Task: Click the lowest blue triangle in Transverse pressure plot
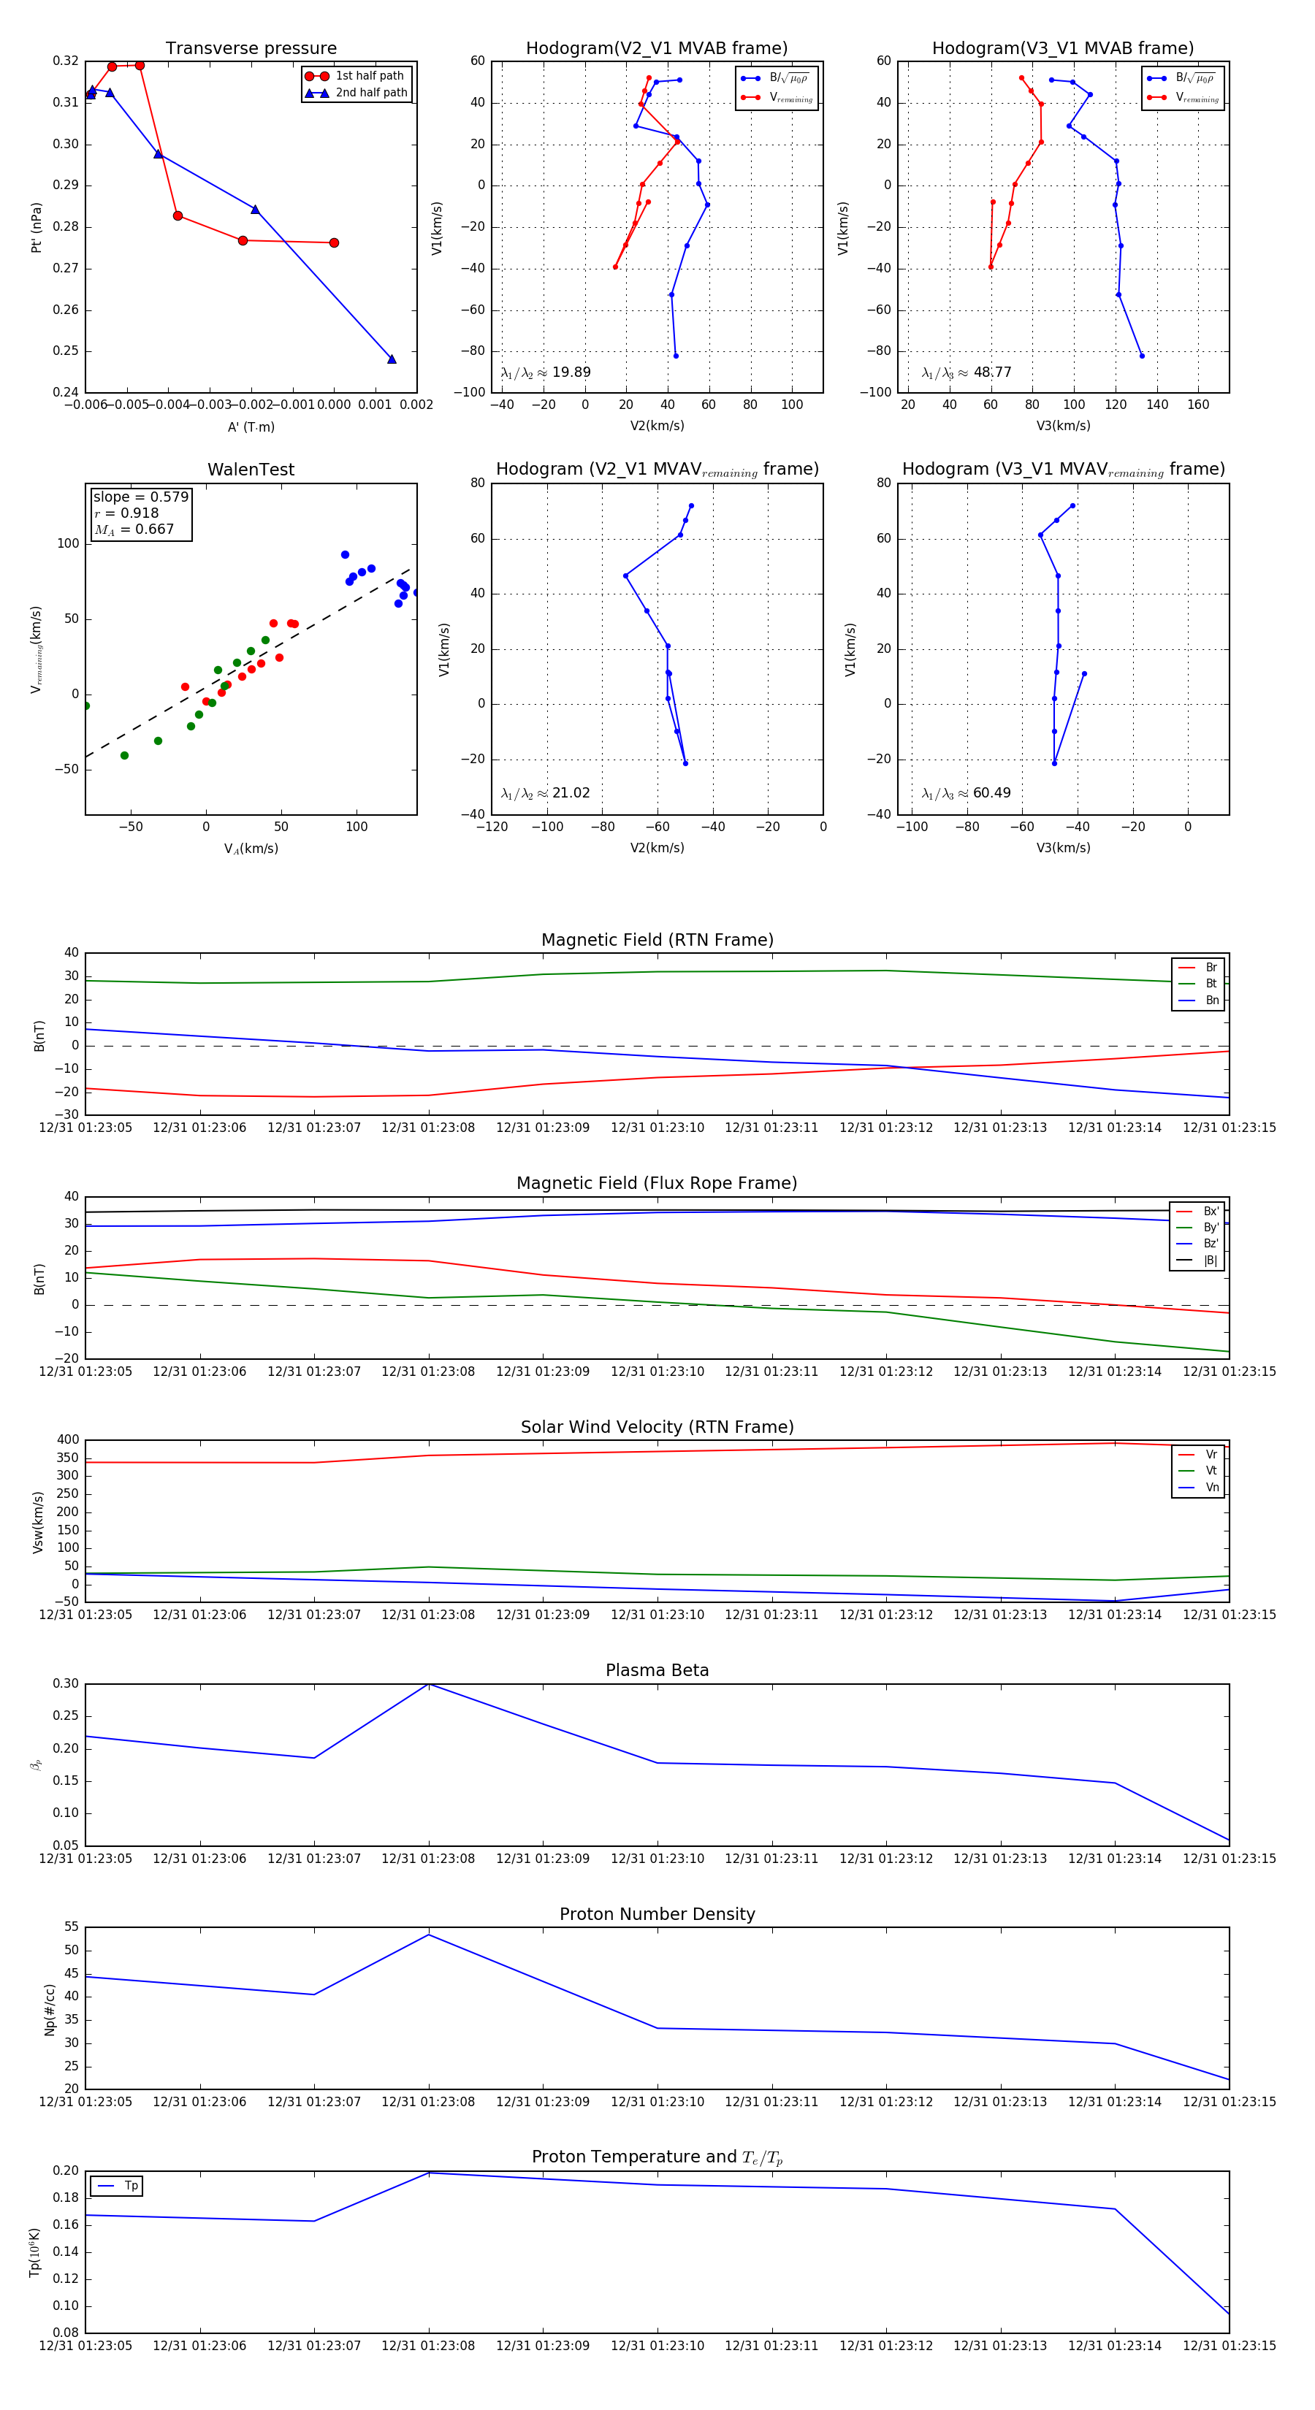(392, 359)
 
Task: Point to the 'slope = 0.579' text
(140, 497)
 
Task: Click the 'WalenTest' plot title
(251, 470)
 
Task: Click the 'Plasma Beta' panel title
(657, 1670)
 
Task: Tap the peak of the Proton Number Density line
(429, 1934)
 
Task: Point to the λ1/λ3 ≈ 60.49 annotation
(966, 793)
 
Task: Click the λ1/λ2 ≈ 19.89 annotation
(546, 372)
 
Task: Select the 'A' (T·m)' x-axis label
(251, 426)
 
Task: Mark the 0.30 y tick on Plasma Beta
(66, 1684)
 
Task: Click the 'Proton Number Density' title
(657, 1914)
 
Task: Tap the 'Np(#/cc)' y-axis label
(50, 2010)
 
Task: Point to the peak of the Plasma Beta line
(429, 1684)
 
